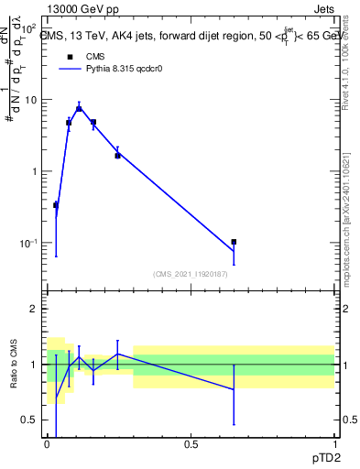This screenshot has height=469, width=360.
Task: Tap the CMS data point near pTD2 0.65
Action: pos(234,242)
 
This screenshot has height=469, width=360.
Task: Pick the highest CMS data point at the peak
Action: pos(79,108)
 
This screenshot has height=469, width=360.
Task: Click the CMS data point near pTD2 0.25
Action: pos(117,156)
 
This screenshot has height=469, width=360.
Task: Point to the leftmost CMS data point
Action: pos(56,205)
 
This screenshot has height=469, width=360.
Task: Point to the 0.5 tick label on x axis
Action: pos(191,444)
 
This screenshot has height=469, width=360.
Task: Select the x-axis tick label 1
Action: pos(333,444)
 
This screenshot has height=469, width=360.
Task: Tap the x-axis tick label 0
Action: pos(48,444)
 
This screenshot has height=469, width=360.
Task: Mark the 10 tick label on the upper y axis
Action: pos(29,100)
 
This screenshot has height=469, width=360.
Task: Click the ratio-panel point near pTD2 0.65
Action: pos(234,389)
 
